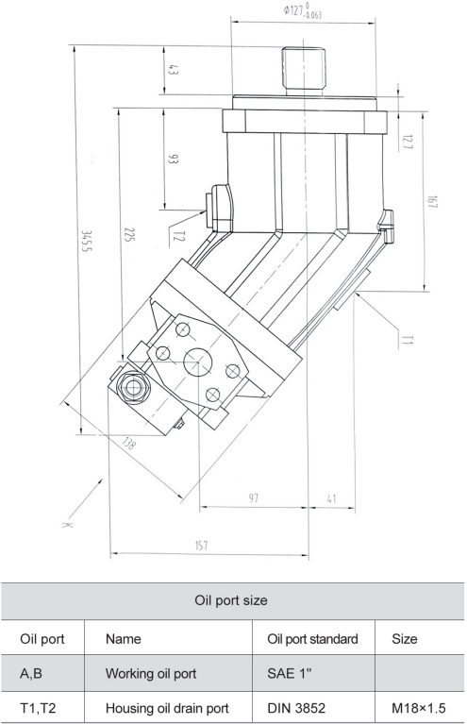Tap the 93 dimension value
(173, 159)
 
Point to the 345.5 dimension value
(88, 239)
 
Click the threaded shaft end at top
(302, 66)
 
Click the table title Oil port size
(233, 599)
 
